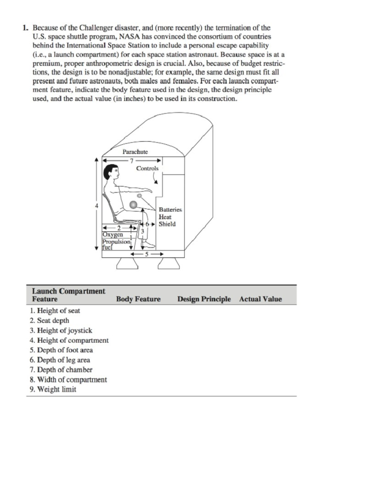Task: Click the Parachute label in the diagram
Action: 135,152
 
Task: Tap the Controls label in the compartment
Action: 147,168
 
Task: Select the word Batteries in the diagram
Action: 170,210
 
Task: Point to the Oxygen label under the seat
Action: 113,234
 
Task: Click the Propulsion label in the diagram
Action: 116,242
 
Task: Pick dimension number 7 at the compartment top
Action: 132,161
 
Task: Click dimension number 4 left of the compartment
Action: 97,206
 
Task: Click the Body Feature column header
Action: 138,299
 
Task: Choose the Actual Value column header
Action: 260,299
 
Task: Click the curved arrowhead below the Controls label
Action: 156,182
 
